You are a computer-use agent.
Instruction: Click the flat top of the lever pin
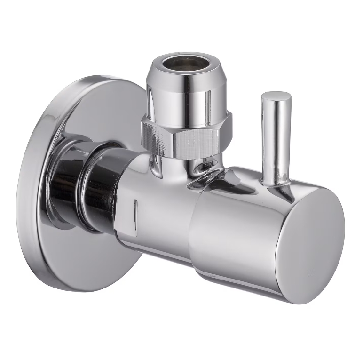276,97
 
